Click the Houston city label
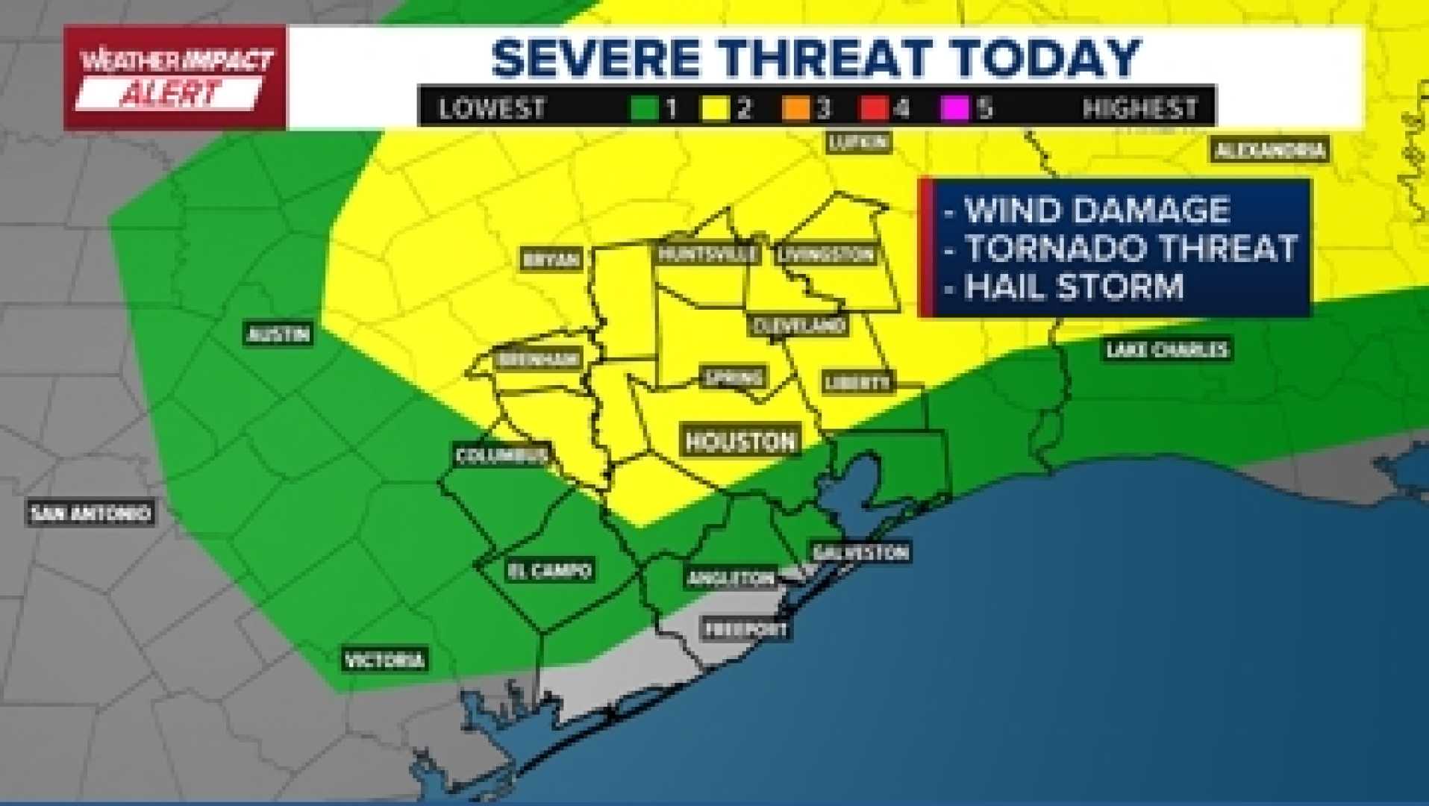click(740, 441)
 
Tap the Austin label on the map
click(278, 334)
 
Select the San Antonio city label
click(90, 513)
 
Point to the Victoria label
click(384, 660)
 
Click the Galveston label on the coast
click(860, 553)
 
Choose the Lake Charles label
click(1166, 349)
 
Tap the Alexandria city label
click(1269, 151)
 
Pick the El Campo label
click(550, 571)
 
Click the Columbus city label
click(501, 455)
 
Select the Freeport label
click(746, 629)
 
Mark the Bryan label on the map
click(551, 259)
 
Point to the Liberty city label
click(857, 382)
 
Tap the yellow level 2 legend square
click(715, 109)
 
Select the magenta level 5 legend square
click(954, 109)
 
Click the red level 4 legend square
click(873, 109)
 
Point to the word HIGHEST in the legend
click(1139, 109)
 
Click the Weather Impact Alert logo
click(175, 78)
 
